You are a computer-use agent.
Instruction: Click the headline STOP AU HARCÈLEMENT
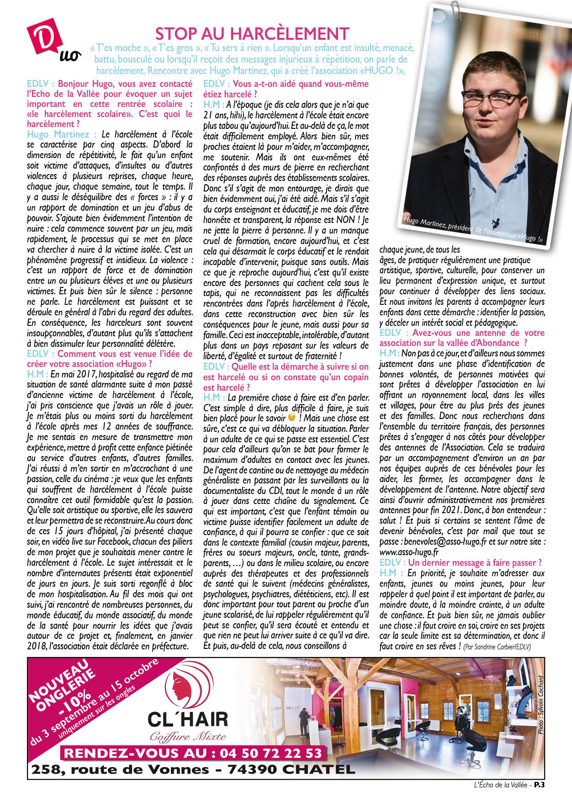(252, 33)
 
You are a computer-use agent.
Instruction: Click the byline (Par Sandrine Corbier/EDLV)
(497, 647)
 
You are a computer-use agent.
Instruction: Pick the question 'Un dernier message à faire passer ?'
(475, 563)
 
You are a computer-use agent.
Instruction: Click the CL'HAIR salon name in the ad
(187, 719)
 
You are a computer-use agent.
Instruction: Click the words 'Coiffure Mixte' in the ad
(188, 736)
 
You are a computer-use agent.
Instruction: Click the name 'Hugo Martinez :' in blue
(62, 134)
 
